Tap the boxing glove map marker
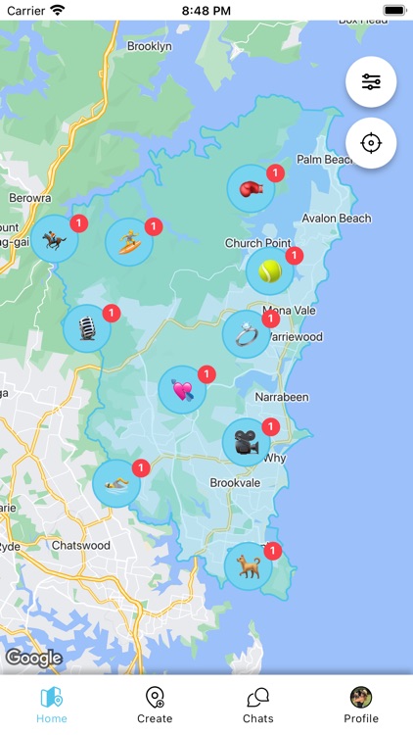(x=251, y=189)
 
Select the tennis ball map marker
(x=269, y=271)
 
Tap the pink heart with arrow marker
(x=182, y=390)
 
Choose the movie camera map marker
(x=246, y=443)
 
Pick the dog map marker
(x=248, y=566)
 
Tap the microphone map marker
(x=86, y=328)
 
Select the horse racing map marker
(x=54, y=239)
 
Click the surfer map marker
(x=128, y=241)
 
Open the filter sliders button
(x=371, y=82)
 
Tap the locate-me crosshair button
(x=371, y=143)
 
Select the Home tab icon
(x=52, y=698)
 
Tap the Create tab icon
(x=155, y=698)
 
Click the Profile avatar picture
(x=361, y=697)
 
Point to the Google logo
(x=33, y=658)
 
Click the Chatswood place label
(x=80, y=545)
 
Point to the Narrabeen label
(x=281, y=398)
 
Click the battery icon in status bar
(x=394, y=10)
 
